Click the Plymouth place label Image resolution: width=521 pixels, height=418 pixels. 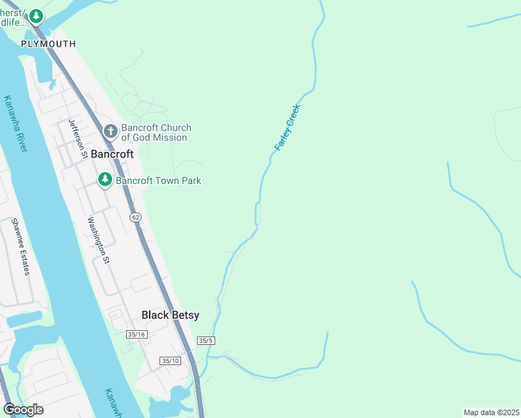[x=48, y=43]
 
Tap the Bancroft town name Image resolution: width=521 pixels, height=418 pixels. [x=112, y=153]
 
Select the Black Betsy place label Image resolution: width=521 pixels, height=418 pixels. [x=170, y=315]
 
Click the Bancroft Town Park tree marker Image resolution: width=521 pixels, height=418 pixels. [x=104, y=180]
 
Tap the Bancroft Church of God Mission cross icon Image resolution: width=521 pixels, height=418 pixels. [x=110, y=132]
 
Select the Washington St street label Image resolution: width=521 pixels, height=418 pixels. [x=98, y=240]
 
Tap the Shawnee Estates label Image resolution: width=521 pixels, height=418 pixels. [x=20, y=247]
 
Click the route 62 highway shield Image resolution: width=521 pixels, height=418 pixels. [x=135, y=217]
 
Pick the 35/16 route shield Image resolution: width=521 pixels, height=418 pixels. [x=137, y=335]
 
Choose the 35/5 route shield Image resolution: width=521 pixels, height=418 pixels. [x=205, y=341]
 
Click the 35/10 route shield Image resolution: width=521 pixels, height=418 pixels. [x=169, y=360]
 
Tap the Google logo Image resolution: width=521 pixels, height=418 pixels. [x=23, y=410]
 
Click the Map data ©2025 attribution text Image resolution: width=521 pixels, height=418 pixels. [x=490, y=412]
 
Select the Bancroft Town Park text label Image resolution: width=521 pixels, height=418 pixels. [x=158, y=180]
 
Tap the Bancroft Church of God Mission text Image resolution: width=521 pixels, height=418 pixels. [x=155, y=132]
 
